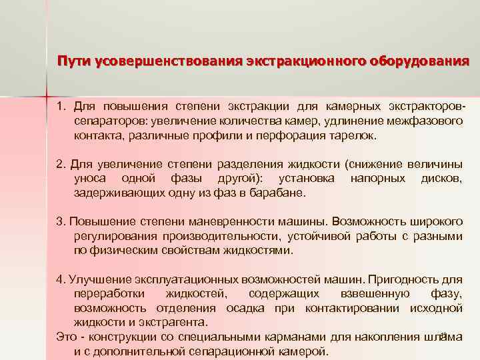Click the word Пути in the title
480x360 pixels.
(x=73, y=62)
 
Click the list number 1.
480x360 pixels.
(x=60, y=107)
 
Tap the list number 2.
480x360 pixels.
(x=60, y=164)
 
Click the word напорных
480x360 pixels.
(x=377, y=179)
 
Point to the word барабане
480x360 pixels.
(x=281, y=193)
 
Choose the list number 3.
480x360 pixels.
(x=60, y=221)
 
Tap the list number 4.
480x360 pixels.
(x=60, y=279)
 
